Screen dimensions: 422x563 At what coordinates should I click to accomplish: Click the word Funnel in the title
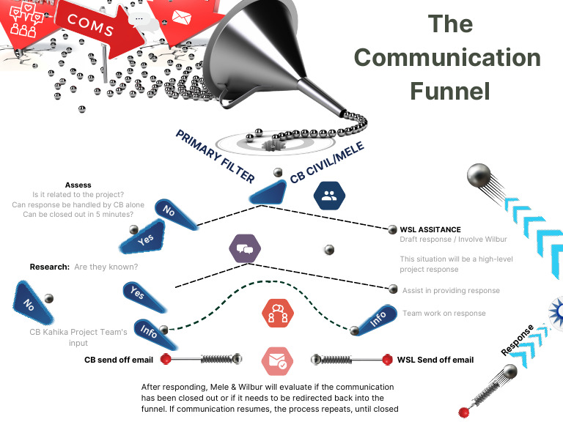(x=449, y=90)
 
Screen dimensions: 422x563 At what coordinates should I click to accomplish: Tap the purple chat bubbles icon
(x=244, y=249)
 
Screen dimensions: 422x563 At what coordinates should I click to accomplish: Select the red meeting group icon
(x=279, y=314)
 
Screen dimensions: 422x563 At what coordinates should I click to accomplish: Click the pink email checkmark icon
(x=279, y=360)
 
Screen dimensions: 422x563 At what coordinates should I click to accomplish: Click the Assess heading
(x=78, y=185)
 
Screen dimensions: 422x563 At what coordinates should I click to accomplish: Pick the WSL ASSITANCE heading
(x=430, y=229)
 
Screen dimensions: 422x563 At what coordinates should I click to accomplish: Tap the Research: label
(x=50, y=267)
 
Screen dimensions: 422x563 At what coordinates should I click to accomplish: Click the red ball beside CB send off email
(x=166, y=360)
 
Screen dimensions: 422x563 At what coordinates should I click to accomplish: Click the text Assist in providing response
(x=451, y=291)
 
